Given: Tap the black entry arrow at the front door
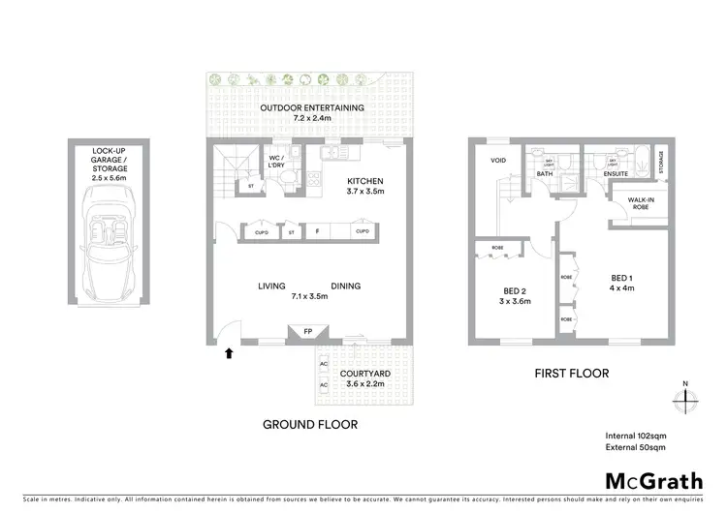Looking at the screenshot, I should tap(229, 353).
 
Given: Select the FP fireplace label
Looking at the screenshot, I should tap(307, 332).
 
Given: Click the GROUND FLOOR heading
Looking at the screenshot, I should tap(310, 424).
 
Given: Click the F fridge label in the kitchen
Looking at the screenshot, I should tap(316, 232).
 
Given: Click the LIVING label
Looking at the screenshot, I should tap(271, 287).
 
